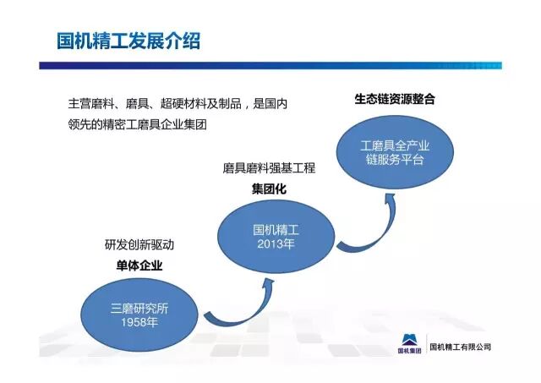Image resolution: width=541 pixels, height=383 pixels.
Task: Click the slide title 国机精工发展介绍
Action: (x=128, y=41)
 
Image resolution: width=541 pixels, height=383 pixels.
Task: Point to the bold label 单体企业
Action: (x=139, y=265)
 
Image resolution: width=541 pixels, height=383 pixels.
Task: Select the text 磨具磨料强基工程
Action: (x=270, y=169)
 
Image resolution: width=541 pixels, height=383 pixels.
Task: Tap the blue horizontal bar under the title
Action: (x=270, y=65)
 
